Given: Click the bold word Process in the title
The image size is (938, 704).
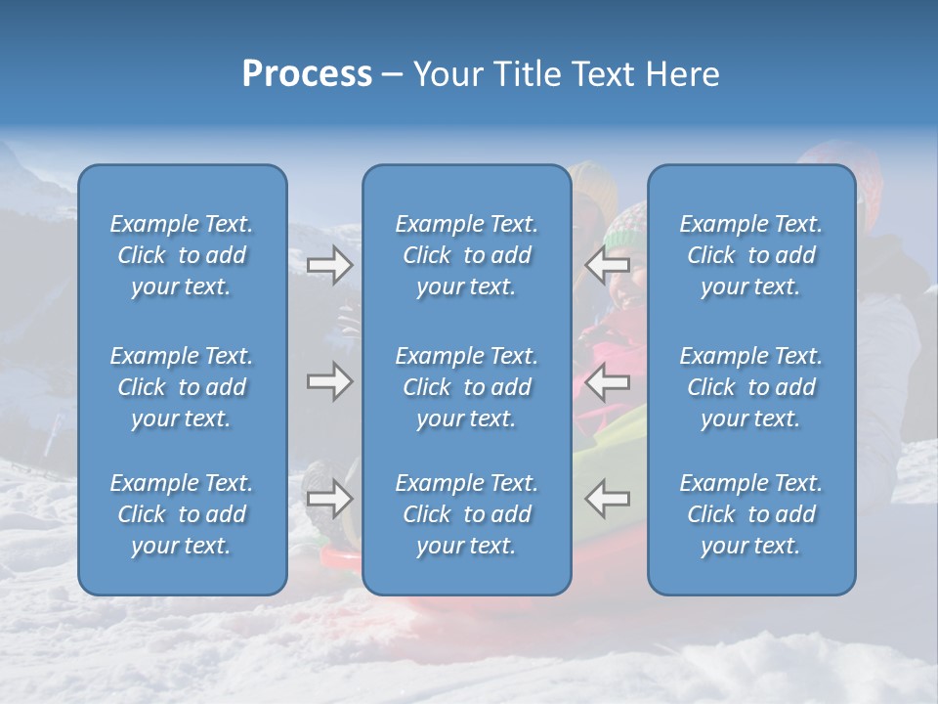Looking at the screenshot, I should [307, 74].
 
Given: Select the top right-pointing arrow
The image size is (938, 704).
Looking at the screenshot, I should [329, 265].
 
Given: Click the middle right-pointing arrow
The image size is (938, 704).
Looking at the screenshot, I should [329, 381].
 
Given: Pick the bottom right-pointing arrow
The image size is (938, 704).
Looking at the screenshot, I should [329, 499].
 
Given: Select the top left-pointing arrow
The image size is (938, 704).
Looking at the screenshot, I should [607, 265].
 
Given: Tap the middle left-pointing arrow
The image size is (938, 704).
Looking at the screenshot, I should [607, 381].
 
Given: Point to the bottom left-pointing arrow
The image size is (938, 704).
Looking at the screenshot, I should [607, 499].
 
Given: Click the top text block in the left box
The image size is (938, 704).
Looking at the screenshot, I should [182, 255].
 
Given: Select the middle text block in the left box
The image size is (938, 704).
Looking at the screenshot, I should [182, 387].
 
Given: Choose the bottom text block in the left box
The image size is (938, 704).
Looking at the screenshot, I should [182, 514].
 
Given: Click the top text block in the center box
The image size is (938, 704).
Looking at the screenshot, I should [466, 255].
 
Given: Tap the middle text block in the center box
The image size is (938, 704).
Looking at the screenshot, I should [466, 387].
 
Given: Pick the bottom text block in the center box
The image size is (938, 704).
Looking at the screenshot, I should [466, 514].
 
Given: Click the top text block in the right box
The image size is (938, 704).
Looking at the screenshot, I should [750, 255].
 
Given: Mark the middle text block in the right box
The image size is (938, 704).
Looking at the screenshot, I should [750, 387].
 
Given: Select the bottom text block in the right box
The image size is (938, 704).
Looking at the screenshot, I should [750, 514].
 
